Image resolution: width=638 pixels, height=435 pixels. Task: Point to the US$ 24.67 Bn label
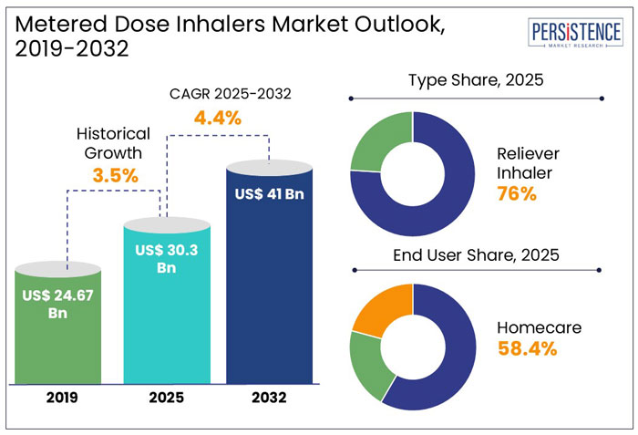58,304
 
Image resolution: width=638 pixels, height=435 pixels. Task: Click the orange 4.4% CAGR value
215,117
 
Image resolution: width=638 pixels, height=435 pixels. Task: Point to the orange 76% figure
516,193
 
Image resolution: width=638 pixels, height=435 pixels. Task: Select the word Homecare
537,326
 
